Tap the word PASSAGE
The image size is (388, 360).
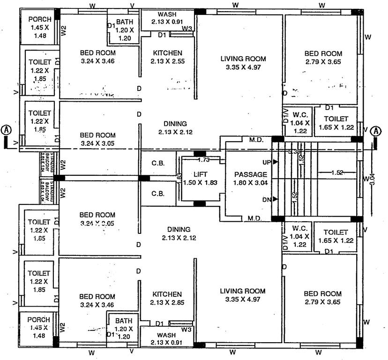tap(250, 174)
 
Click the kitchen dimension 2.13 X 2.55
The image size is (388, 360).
tap(166, 61)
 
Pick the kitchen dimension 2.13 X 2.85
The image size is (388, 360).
tap(166, 302)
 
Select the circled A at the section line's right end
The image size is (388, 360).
tap(376, 131)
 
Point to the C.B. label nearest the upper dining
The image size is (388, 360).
tap(157, 163)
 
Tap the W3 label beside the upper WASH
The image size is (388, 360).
tap(187, 29)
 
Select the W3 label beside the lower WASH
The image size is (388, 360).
tap(187, 330)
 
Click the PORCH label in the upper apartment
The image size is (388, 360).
tap(39, 19)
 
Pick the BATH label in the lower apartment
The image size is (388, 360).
tap(124, 321)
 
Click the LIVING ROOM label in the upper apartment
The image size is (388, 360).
tap(243, 59)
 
